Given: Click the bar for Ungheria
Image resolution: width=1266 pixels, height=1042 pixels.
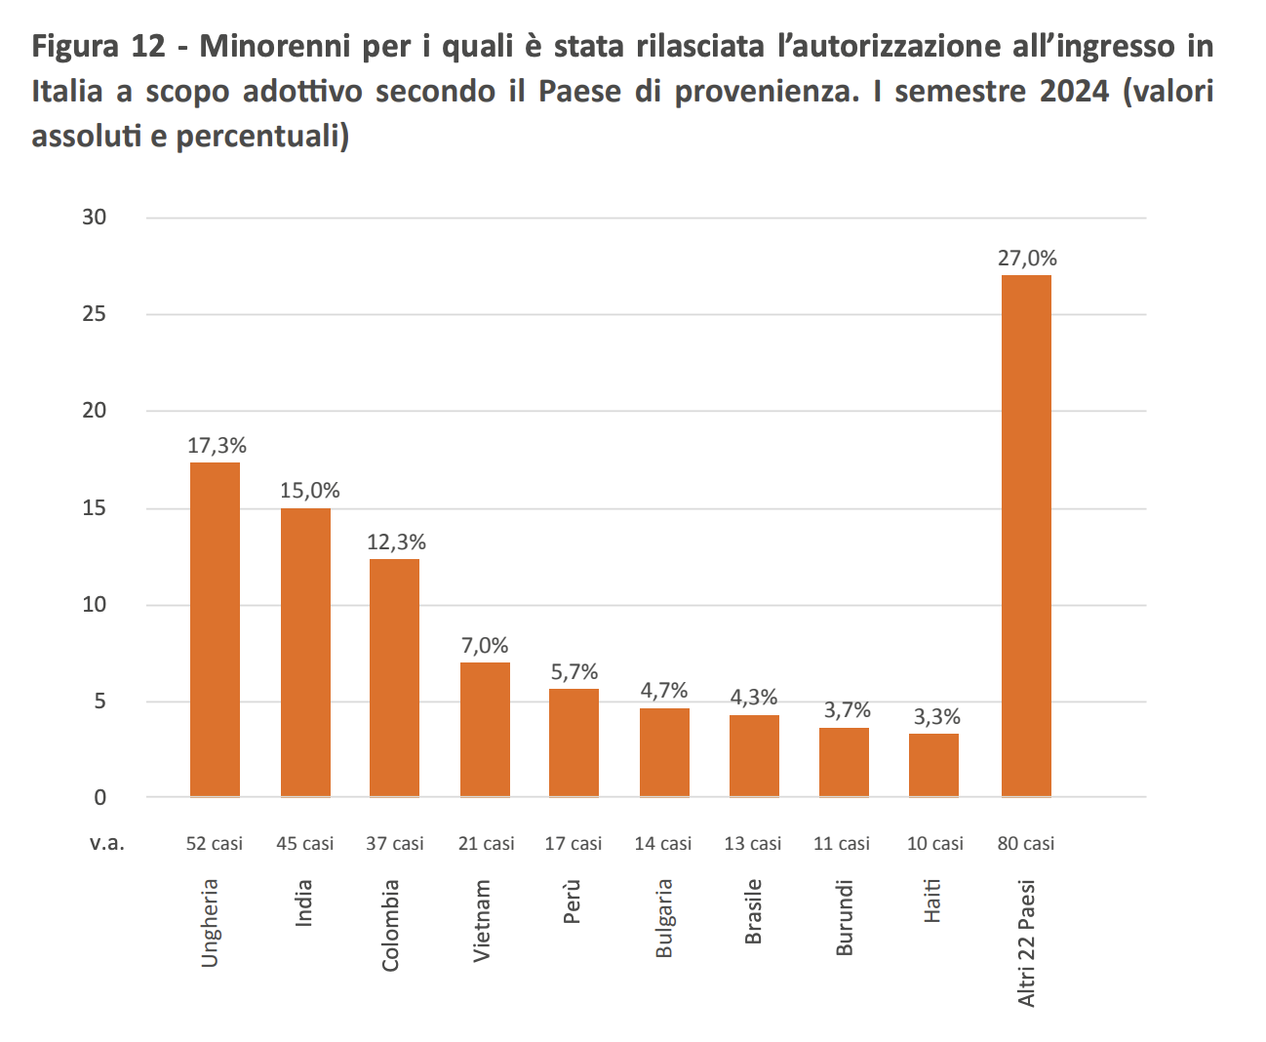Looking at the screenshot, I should (215, 629).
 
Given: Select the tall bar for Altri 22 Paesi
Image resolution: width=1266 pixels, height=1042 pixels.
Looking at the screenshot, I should (1026, 536).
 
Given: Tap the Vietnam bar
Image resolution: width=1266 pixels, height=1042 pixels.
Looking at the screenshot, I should (485, 729).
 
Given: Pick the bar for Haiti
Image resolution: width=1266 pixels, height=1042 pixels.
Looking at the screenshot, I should (933, 765).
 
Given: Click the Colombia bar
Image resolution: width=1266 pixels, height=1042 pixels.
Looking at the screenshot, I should (394, 677).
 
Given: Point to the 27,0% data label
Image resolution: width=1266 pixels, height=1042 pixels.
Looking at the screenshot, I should (1027, 259).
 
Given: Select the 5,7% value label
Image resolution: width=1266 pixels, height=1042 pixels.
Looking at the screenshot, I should (574, 672).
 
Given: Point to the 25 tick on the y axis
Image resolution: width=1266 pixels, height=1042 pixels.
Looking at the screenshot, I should (95, 314).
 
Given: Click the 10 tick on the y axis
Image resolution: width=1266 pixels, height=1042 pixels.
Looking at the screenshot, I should (95, 605).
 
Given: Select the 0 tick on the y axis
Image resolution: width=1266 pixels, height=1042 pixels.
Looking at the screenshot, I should (100, 797).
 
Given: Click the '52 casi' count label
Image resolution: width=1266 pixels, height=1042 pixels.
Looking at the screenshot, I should (215, 844).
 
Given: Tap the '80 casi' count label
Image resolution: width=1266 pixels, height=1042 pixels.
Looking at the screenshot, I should (1026, 844).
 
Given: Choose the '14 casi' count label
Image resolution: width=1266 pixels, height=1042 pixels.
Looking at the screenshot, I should (663, 844).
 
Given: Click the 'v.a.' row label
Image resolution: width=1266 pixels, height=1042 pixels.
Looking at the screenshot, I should (107, 844).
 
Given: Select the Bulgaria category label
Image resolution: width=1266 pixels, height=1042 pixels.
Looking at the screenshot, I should (664, 918).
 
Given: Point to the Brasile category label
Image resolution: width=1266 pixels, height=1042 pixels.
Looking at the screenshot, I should (754, 912).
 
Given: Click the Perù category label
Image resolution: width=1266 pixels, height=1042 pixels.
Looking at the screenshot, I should (573, 902).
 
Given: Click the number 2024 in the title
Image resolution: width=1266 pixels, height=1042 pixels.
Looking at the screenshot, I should (1074, 91).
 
